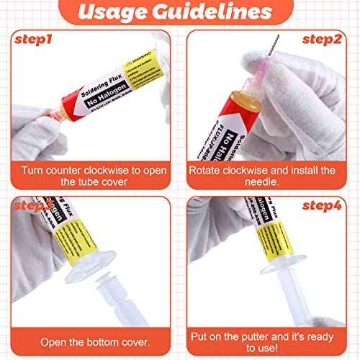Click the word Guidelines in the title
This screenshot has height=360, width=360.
[x=215, y=13]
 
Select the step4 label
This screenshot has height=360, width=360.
[x=323, y=206]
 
